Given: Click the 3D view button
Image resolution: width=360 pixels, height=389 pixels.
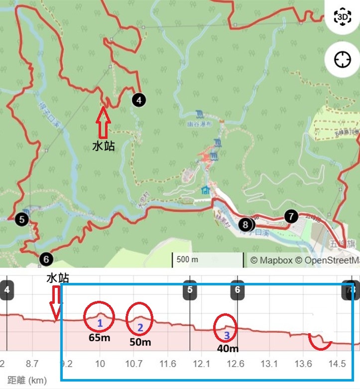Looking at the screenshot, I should (x=343, y=18).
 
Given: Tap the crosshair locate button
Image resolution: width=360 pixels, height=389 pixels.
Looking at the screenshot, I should (x=343, y=60).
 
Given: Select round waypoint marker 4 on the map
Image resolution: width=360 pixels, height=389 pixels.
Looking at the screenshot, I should (x=139, y=100).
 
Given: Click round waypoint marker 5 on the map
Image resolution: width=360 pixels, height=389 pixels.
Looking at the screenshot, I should (x=22, y=218).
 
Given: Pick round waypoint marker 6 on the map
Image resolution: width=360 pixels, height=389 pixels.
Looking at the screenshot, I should (x=46, y=259).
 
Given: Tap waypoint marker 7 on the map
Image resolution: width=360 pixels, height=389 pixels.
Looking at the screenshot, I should (x=291, y=216).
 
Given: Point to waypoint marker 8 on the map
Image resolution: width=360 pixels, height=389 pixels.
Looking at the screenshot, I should (x=245, y=225).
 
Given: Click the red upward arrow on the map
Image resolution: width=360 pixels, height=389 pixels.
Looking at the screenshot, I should (x=103, y=123).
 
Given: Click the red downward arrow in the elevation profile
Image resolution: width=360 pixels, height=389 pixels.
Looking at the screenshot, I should (x=56, y=303).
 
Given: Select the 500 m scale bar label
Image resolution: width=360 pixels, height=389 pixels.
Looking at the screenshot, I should (x=187, y=260).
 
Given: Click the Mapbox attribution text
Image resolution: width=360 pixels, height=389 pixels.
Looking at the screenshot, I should (x=272, y=260).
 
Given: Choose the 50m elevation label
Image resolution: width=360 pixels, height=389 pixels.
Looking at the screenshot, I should (x=140, y=342).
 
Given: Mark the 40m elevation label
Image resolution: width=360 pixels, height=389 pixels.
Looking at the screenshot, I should (x=227, y=349).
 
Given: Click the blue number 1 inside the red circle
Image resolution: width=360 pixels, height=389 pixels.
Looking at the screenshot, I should (x=100, y=323).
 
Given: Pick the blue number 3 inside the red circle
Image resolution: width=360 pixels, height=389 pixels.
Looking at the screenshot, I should (x=227, y=335).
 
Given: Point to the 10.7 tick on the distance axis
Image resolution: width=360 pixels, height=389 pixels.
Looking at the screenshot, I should (x=134, y=364).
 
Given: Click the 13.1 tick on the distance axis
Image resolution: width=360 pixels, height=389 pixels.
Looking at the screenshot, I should (x=269, y=364).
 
